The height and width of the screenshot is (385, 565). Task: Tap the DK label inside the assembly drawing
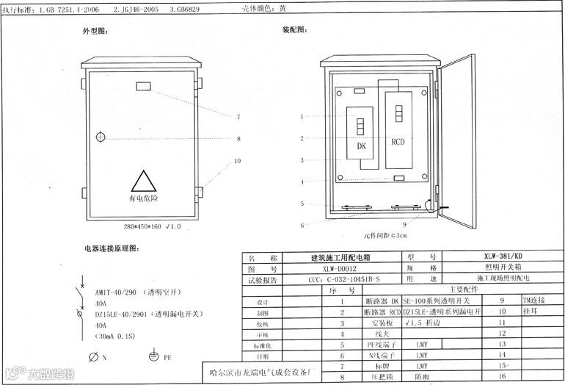[x=362, y=146]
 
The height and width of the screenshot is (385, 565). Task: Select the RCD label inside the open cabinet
[x=397, y=142]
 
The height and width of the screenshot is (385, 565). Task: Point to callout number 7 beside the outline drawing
[x=238, y=118]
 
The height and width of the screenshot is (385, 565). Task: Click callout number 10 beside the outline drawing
[x=238, y=160]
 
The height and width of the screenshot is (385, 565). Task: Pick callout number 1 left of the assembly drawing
[x=302, y=117]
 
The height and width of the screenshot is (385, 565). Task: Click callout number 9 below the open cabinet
[x=404, y=223]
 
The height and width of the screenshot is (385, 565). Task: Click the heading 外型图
[x=95, y=33]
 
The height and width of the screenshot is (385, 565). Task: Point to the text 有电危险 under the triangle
[x=143, y=198]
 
